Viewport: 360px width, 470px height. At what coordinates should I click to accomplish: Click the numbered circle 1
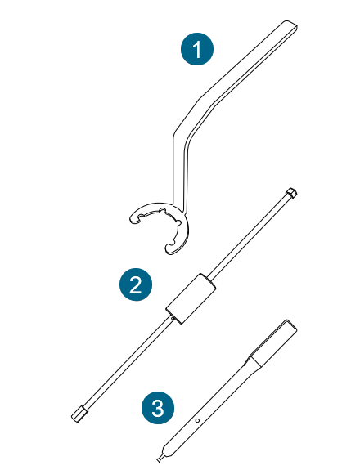pos(197,49)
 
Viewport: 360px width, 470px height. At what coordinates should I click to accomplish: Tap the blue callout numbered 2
pos(136,284)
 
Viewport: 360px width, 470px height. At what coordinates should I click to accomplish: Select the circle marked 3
pos(158,408)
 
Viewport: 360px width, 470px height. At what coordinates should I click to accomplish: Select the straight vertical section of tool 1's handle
pos(180,171)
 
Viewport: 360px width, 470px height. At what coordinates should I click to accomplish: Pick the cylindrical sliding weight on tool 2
pos(191,298)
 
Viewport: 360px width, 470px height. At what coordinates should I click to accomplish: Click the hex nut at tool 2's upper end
pos(291,192)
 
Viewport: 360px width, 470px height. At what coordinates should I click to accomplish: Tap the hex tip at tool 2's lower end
pos(79,413)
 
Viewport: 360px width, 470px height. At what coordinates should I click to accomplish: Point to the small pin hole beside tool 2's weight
pos(172,319)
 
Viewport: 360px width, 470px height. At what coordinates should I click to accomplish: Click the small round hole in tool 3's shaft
pos(197,420)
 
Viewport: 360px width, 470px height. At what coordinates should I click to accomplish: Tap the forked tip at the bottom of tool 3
pos(159,459)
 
